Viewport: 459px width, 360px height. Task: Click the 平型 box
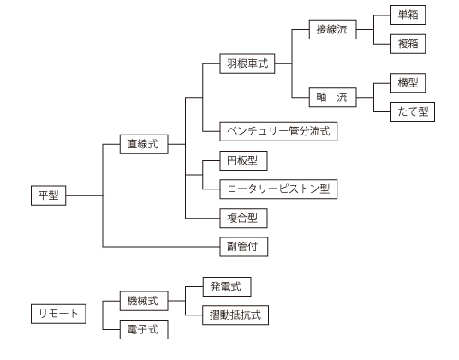click(48, 195)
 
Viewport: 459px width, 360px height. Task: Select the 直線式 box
click(144, 144)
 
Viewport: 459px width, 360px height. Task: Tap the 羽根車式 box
click(247, 63)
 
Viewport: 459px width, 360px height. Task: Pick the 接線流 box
click(333, 29)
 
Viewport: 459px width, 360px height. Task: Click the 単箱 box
click(408, 15)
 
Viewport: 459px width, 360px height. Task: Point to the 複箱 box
click(408, 44)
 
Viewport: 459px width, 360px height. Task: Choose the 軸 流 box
click(333, 97)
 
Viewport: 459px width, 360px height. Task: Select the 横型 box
click(408, 83)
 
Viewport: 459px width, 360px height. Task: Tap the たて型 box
click(413, 111)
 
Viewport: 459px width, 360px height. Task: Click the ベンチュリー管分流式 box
click(278, 131)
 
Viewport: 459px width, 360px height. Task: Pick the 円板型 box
click(243, 160)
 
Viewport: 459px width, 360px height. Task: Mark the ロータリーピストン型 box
click(278, 189)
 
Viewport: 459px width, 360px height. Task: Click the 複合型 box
click(243, 218)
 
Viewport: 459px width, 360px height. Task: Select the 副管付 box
click(244, 247)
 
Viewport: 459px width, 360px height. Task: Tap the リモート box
click(58, 314)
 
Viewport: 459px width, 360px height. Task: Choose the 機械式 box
click(144, 301)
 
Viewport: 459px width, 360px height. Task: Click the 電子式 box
click(144, 329)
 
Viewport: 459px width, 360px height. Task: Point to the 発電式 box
click(227, 286)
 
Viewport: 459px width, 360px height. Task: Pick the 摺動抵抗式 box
click(235, 315)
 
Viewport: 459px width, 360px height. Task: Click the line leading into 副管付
click(161, 247)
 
